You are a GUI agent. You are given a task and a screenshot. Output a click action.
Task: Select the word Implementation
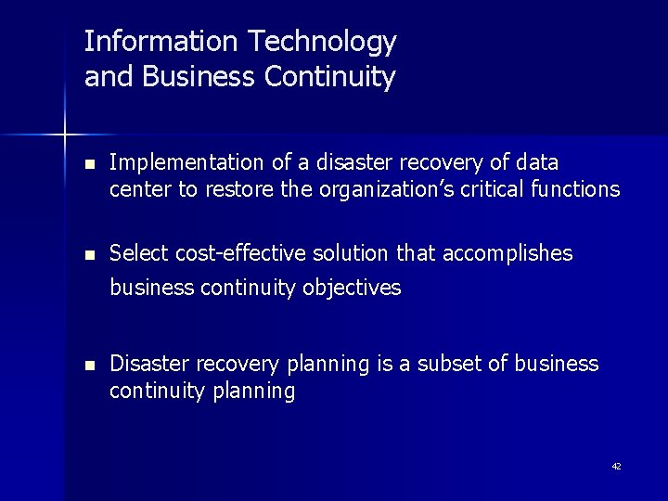(x=186, y=163)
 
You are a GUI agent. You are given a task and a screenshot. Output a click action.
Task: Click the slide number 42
(x=616, y=467)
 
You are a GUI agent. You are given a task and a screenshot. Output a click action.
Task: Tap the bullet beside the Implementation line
(x=89, y=164)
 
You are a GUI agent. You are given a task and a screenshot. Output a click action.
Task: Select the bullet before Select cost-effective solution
(x=89, y=254)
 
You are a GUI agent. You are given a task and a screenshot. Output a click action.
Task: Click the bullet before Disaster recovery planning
(x=89, y=365)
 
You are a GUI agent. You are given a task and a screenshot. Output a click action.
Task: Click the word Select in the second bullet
(x=135, y=253)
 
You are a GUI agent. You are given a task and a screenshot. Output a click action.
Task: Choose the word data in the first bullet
(x=537, y=163)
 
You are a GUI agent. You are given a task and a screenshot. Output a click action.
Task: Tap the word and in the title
(x=105, y=76)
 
